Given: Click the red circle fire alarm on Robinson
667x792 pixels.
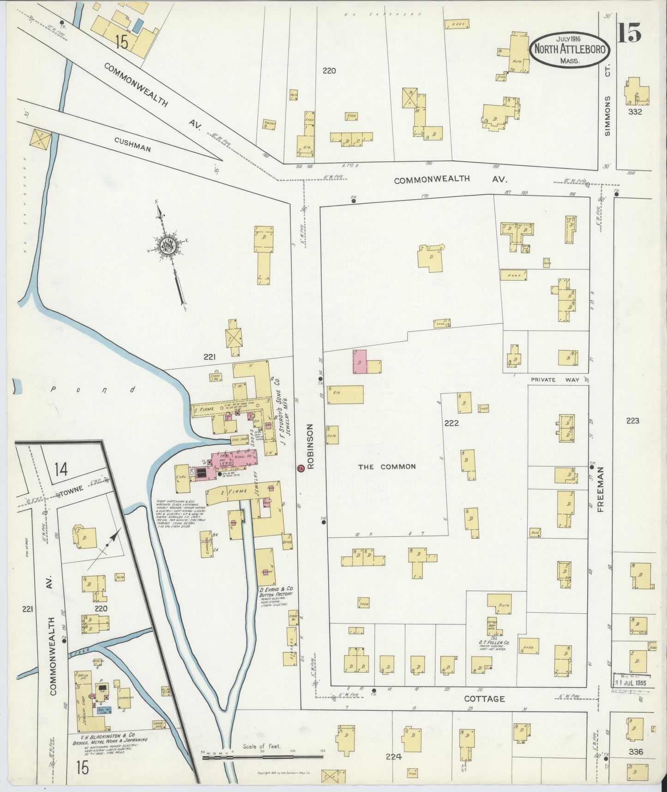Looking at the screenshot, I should (300, 468).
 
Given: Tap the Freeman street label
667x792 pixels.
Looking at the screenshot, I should (601, 489).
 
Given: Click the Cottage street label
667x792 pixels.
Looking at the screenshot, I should (484, 699).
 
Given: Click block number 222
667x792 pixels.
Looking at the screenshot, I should (451, 423).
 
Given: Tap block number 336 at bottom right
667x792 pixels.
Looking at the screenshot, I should (635, 752).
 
